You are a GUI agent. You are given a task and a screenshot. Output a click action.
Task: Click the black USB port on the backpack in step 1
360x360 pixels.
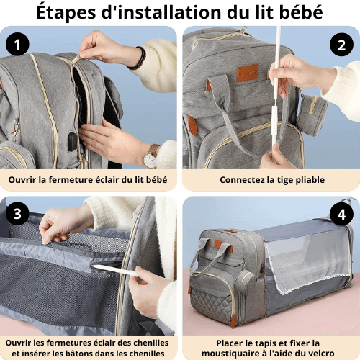tap(73, 142)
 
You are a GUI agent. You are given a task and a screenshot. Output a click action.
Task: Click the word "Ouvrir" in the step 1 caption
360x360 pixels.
tap(25, 179)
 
